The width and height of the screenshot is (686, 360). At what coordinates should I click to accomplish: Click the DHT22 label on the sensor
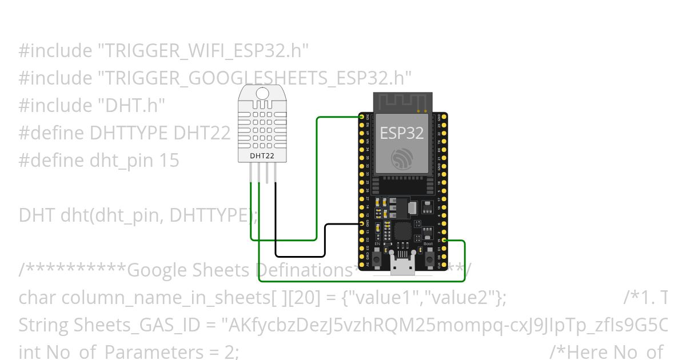click(x=262, y=155)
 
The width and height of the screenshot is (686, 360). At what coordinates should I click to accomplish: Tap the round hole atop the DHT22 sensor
click(x=262, y=94)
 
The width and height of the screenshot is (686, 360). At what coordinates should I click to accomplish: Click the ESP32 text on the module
click(x=402, y=133)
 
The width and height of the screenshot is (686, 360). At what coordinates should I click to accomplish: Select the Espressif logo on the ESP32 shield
click(x=402, y=159)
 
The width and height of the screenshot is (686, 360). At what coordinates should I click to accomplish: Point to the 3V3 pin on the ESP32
click(x=362, y=117)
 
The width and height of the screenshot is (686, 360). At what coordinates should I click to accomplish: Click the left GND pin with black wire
click(x=362, y=224)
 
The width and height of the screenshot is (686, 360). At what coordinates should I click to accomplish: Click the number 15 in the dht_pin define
click(x=169, y=161)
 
